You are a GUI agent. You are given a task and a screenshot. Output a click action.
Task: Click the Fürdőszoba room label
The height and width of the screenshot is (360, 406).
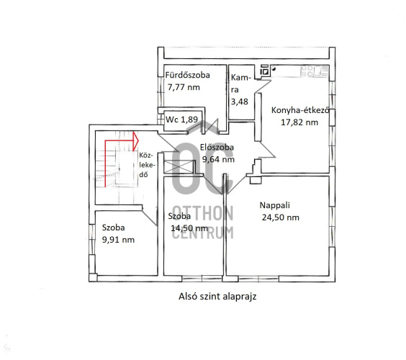click(187, 75)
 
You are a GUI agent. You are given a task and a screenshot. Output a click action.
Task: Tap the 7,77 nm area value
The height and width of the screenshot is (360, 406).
click(184, 87)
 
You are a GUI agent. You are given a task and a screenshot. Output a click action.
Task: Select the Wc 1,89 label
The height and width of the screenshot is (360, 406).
click(182, 120)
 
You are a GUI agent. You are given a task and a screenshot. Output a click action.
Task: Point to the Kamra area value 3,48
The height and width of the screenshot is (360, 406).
click(239, 102)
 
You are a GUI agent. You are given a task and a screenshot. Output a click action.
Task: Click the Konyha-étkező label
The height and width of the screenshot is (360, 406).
click(300, 110)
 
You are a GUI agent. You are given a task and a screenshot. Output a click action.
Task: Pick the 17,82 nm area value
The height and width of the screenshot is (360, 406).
click(299, 122)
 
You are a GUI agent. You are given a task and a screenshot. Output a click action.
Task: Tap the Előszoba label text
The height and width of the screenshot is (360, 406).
click(217, 147)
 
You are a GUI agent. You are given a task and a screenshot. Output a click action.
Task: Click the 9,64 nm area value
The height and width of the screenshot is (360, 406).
click(218, 159)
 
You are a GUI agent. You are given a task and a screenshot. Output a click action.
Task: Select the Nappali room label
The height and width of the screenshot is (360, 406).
click(275, 205)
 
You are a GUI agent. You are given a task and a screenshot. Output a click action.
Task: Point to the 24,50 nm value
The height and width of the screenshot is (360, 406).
click(281, 217)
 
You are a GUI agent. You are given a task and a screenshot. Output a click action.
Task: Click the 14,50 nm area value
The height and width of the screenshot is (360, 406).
click(189, 228)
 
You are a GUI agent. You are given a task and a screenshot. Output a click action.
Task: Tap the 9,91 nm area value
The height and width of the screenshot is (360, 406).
click(118, 240)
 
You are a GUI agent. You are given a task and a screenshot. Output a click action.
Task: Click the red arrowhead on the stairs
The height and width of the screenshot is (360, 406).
click(135, 141)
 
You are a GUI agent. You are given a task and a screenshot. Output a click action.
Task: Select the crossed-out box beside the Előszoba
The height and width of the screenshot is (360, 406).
click(179, 166)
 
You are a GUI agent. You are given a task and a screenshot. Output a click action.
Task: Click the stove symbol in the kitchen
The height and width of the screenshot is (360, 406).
click(264, 70)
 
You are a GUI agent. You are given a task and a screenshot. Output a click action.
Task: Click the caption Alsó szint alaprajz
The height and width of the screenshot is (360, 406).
click(217, 297)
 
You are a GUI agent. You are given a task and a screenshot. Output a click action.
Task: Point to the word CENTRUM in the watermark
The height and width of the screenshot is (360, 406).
click(203, 233)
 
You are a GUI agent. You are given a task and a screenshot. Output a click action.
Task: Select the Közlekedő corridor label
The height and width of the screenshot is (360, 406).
click(147, 165)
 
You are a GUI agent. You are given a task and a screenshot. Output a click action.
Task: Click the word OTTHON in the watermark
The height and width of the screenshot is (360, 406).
click(203, 213)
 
